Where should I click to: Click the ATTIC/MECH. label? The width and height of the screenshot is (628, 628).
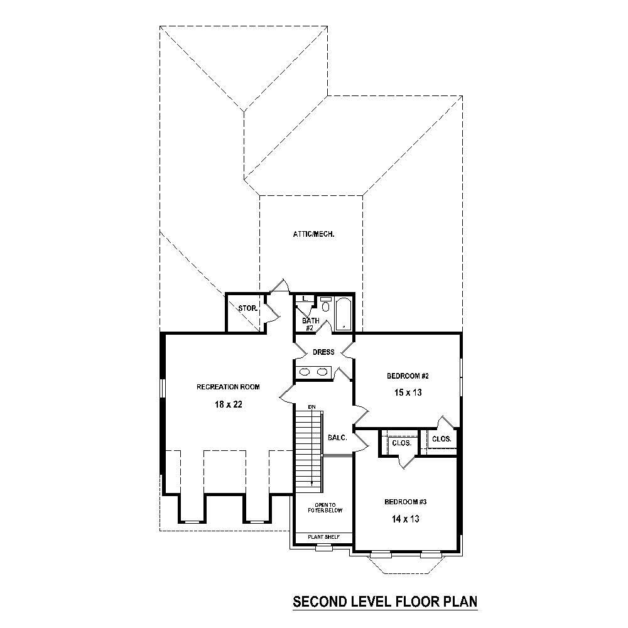click(313, 234)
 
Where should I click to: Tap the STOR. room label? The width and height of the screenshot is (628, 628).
click(246, 308)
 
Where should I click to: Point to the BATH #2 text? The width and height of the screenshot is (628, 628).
click(311, 324)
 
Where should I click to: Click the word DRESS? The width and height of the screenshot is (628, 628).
click(323, 352)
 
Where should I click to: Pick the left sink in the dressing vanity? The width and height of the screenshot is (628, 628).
click(305, 372)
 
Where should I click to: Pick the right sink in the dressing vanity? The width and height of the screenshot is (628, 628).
click(322, 372)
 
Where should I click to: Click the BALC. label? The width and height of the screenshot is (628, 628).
click(337, 438)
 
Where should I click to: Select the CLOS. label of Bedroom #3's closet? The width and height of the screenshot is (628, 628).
click(401, 443)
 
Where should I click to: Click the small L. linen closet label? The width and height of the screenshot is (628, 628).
click(304, 299)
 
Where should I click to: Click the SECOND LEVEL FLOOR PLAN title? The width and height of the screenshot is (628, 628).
click(386, 602)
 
